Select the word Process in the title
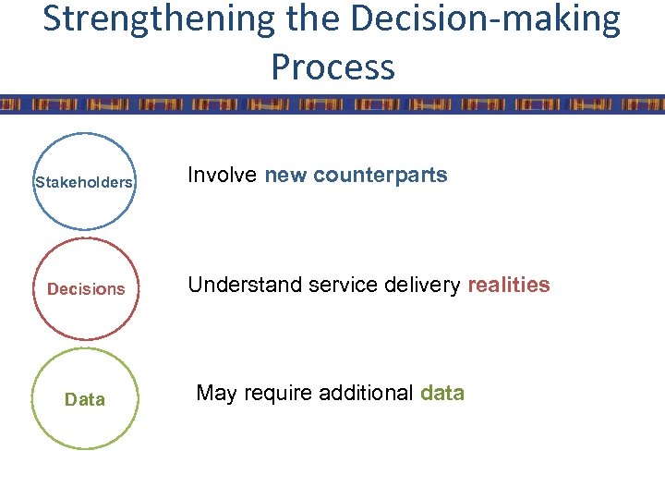(332, 67)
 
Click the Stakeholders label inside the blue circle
(84, 182)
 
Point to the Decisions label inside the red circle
(86, 289)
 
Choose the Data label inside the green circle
(85, 400)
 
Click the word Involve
(223, 176)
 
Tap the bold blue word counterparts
(381, 176)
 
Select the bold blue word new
(286, 176)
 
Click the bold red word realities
(509, 286)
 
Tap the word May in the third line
(217, 394)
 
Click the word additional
(366, 394)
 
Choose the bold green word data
(442, 394)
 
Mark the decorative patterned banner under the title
(332, 104)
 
